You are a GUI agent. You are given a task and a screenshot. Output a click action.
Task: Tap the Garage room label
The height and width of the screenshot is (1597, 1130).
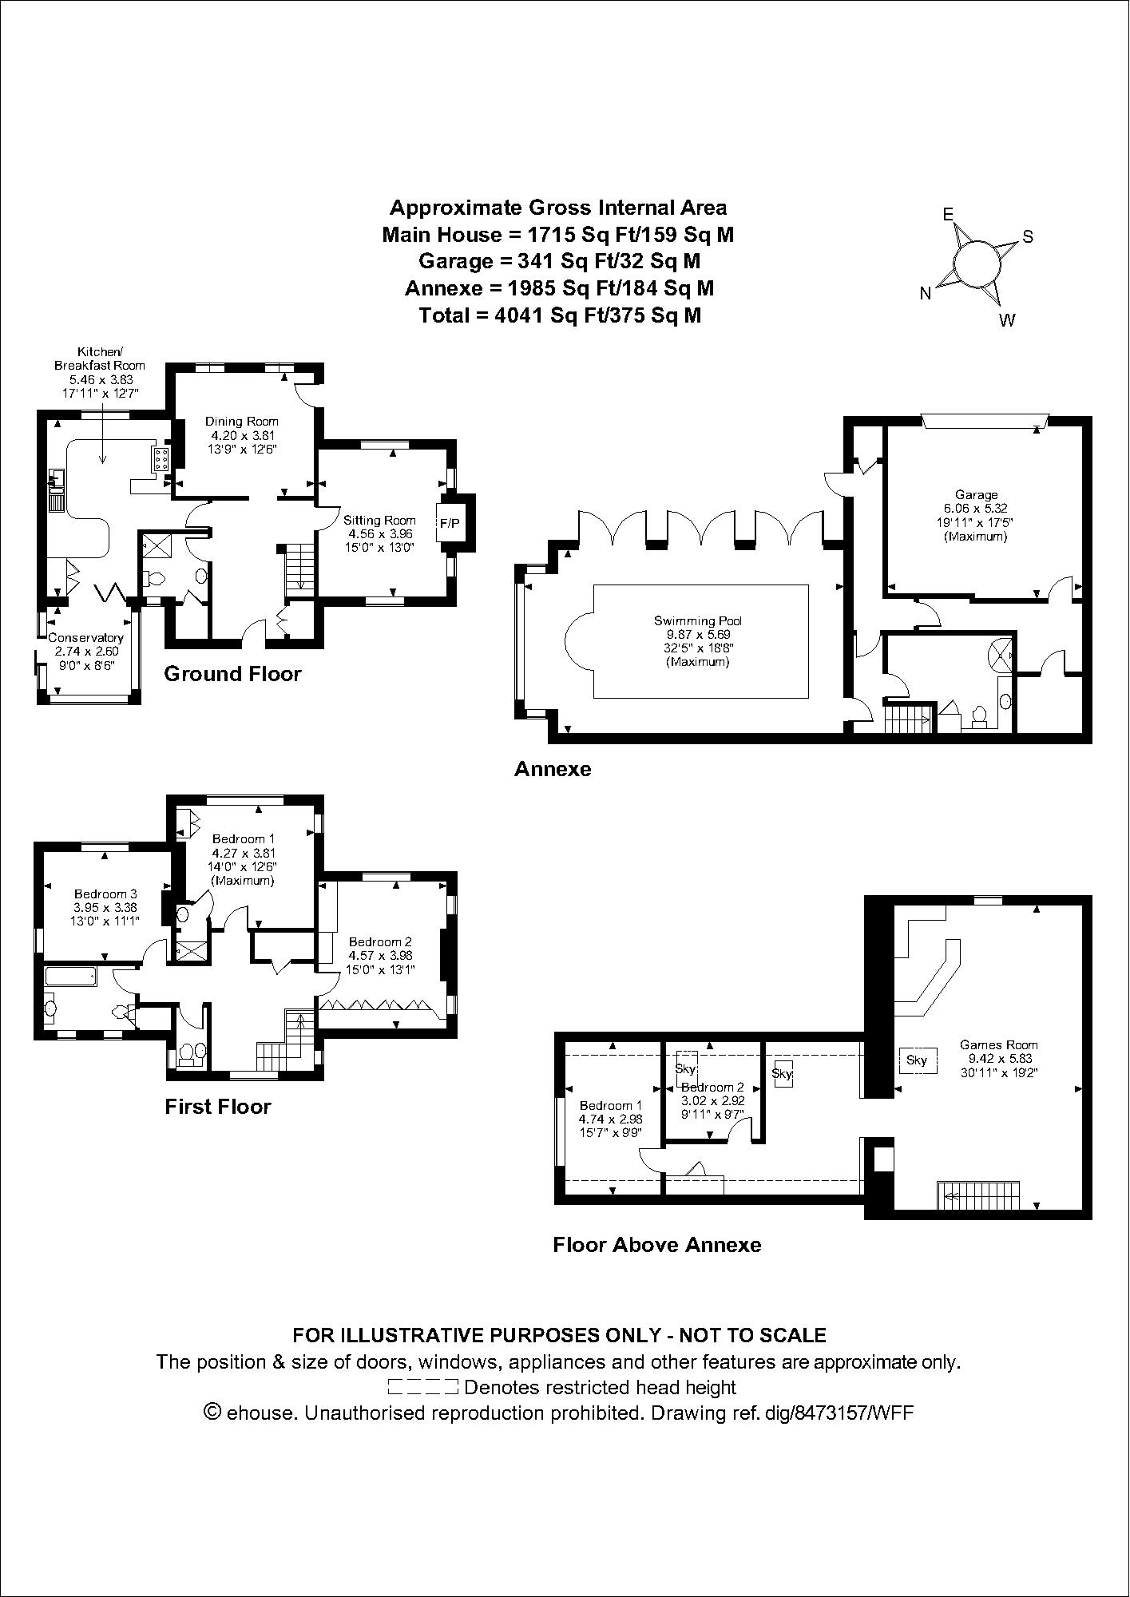[975, 495]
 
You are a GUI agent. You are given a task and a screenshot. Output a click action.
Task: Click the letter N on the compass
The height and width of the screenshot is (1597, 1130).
[926, 294]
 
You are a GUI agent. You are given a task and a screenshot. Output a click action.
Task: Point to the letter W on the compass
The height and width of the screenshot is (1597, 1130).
[1007, 321]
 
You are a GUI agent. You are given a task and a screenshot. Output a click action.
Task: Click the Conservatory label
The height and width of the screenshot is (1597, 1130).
[86, 638]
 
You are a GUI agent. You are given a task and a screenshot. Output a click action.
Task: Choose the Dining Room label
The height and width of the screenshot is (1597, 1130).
[242, 422]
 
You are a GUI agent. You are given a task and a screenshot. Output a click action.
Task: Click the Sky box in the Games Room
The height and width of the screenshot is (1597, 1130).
[917, 1060]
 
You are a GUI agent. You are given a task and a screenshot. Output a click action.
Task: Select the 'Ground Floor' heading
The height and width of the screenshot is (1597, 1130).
[232, 674]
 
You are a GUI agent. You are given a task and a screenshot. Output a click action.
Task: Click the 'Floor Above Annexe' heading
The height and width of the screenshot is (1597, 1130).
[656, 1245]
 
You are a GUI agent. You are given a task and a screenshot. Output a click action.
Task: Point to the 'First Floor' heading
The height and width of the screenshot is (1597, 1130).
[218, 1107]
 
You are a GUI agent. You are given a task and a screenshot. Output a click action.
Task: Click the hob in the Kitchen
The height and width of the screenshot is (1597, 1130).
[161, 459]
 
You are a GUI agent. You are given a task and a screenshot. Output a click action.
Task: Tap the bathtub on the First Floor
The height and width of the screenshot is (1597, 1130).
[70, 976]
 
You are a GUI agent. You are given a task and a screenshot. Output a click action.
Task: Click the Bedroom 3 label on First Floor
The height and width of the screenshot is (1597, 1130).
[101, 894]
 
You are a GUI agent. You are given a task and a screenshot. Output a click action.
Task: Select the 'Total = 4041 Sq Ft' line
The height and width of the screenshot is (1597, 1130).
[559, 315]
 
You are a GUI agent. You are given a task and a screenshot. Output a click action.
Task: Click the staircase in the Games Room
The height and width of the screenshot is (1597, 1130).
[978, 1195]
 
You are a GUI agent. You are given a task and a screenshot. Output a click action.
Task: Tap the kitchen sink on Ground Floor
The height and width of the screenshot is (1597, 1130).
[56, 480]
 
